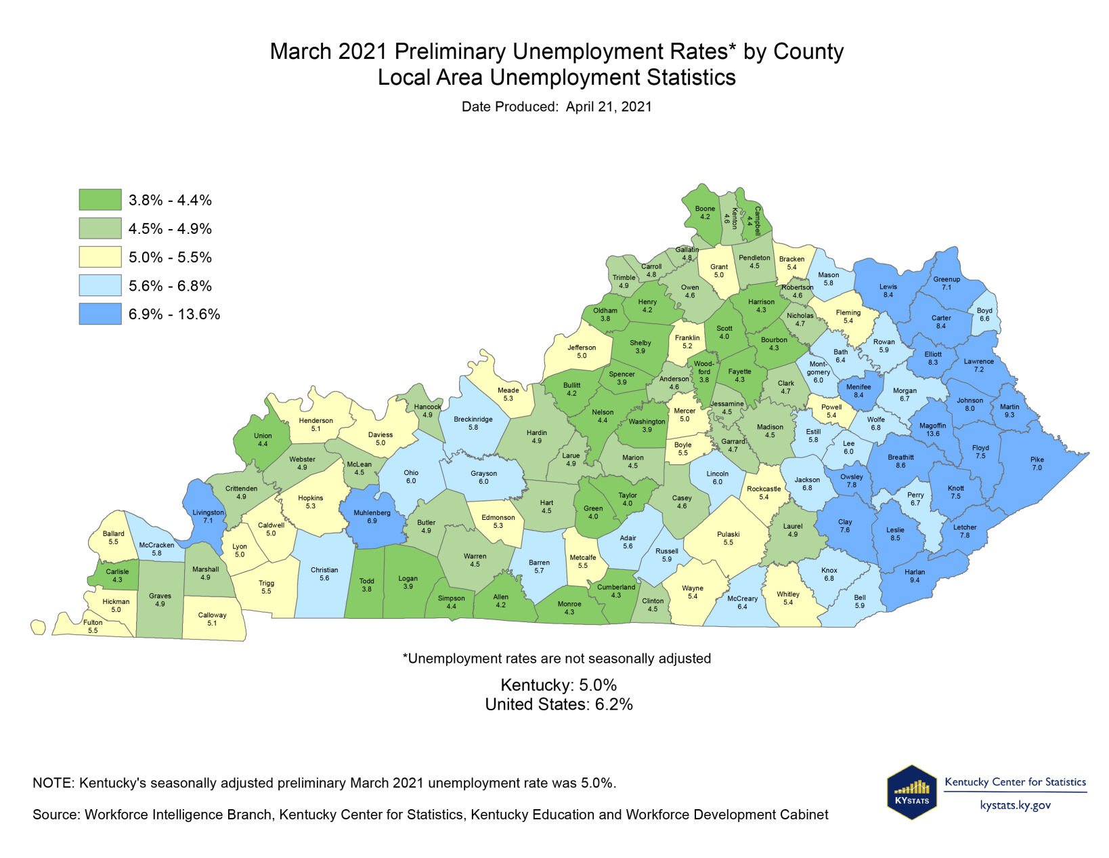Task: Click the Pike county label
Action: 1037,459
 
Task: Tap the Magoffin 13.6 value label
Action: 933,434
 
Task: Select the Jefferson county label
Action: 581,348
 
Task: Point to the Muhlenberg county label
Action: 372,513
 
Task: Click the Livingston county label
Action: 208,513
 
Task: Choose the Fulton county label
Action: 93,622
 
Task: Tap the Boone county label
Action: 705,209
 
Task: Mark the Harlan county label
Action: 914,572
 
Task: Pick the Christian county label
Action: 324,570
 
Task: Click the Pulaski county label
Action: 728,534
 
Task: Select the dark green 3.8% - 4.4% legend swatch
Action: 100,200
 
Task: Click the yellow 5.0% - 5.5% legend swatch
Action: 100,257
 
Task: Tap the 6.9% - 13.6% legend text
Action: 174,314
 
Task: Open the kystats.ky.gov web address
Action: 1015,805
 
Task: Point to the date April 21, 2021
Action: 608,106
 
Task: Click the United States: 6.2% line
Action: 559,704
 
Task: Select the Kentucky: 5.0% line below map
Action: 559,685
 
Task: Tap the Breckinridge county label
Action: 473,420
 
